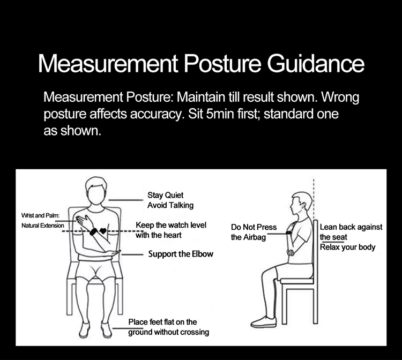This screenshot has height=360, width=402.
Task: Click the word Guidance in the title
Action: click(316, 63)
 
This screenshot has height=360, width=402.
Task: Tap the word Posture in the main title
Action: click(222, 63)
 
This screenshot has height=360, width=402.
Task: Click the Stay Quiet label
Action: click(166, 195)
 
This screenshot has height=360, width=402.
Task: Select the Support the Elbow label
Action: click(181, 254)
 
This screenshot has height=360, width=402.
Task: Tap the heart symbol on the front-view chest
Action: click(103, 230)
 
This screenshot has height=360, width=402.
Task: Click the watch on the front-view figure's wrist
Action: click(93, 231)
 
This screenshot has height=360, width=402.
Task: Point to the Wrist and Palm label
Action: click(41, 215)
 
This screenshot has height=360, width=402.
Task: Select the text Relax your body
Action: click(347, 247)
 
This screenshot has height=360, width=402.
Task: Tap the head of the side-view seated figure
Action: click(302, 204)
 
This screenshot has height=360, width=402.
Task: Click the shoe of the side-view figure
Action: click(264, 322)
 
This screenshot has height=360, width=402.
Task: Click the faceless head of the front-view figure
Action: click(95, 190)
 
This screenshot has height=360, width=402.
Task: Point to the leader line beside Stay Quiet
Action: click(126, 200)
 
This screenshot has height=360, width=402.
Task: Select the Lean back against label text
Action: click(351, 227)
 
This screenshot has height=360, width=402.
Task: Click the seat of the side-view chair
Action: click(297, 281)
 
